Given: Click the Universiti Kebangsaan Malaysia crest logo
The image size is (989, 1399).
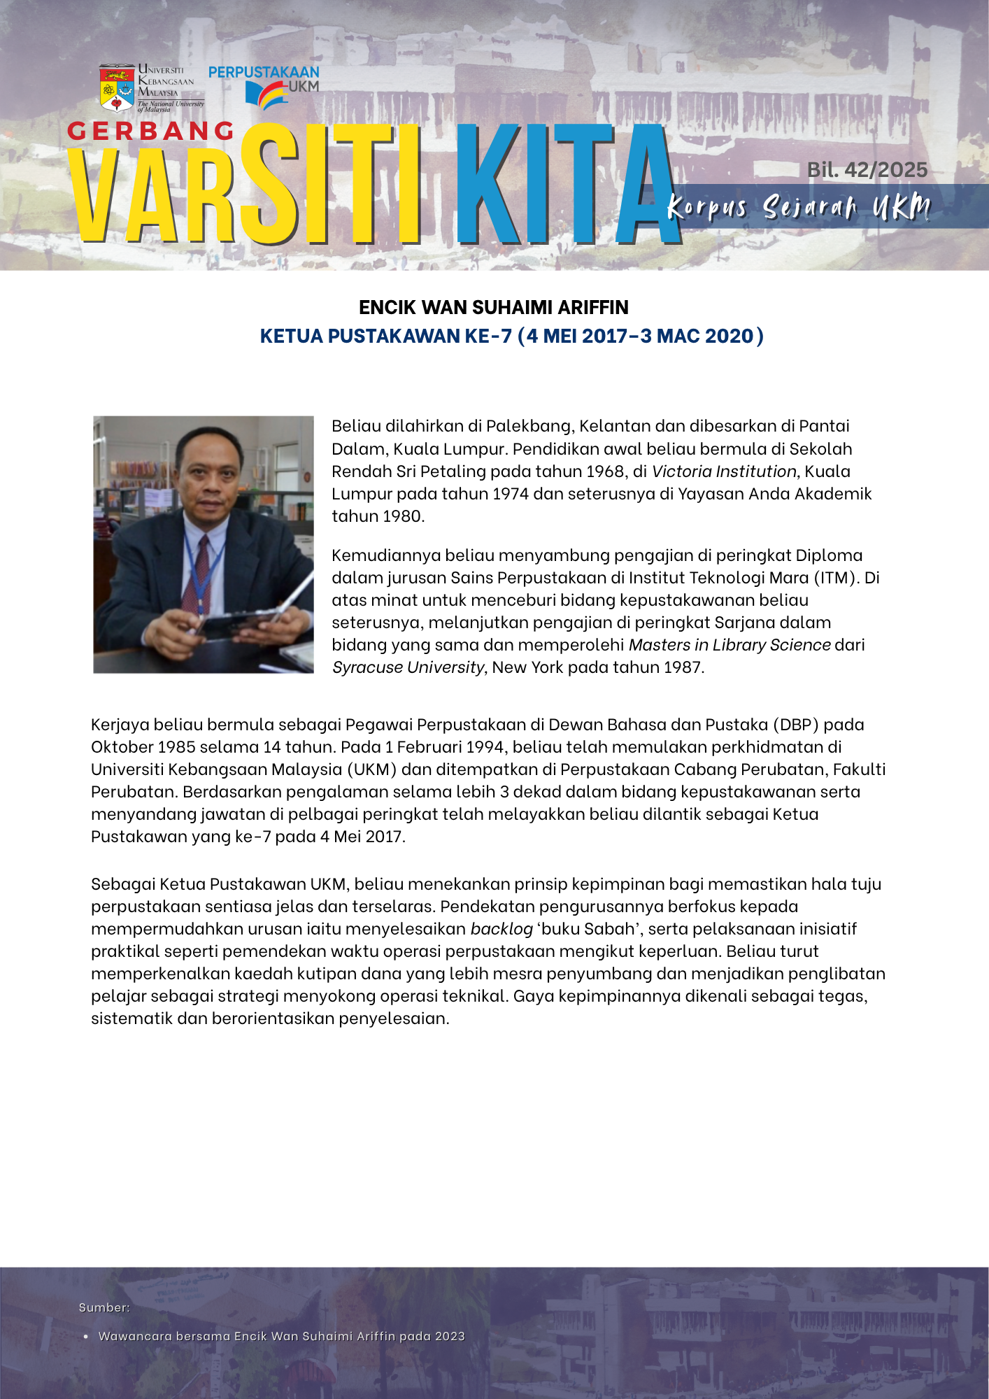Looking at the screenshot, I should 117,88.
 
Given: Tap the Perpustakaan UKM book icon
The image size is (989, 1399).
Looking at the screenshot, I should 266,95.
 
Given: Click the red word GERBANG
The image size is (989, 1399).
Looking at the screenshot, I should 151,131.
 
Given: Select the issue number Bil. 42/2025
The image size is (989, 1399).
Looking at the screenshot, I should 867,170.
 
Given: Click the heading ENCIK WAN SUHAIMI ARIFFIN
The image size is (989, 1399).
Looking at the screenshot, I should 494,307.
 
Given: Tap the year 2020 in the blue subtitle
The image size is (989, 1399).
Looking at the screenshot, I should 730,336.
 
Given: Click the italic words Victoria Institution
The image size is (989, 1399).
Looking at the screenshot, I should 724,471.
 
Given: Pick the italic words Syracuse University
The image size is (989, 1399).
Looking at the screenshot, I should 408,667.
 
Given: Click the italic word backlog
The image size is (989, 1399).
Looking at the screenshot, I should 501,928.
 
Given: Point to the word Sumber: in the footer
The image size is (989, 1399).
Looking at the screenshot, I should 104,1307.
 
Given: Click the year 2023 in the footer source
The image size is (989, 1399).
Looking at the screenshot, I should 450,1336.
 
